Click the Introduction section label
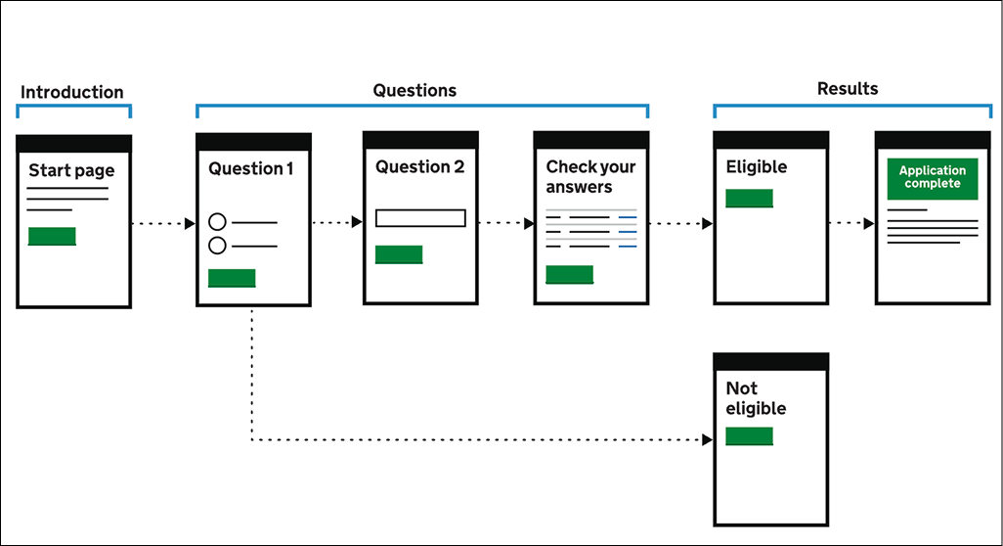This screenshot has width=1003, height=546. tap(72, 93)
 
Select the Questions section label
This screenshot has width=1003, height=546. tap(414, 91)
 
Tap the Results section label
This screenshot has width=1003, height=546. tap(848, 89)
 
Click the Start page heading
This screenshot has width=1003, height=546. tap(71, 171)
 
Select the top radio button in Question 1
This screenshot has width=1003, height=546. tap(218, 222)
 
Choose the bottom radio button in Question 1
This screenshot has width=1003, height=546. tap(218, 246)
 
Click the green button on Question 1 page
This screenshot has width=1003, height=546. tap(232, 278)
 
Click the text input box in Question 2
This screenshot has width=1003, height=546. tap(420, 218)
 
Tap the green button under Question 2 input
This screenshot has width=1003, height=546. tap(399, 254)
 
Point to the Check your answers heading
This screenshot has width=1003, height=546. tap(590, 177)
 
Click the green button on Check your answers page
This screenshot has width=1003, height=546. tap(569, 274)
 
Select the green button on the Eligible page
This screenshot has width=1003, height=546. tap(749, 199)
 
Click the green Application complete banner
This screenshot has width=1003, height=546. tap(933, 178)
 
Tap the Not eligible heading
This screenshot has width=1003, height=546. tap(755, 398)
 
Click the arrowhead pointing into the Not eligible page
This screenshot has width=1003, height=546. tap(708, 440)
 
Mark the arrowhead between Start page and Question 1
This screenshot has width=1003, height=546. tap(190, 224)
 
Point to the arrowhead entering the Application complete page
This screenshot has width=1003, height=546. tap(869, 223)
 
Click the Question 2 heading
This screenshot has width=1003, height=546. tap(420, 167)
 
